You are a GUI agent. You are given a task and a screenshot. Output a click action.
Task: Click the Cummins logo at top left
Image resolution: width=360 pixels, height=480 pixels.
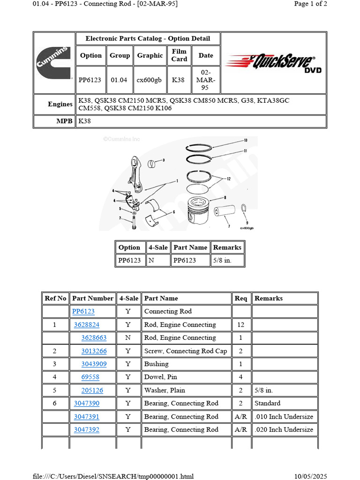click(54, 63)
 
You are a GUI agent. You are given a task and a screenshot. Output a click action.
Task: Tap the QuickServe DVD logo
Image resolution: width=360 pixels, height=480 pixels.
click(273, 62)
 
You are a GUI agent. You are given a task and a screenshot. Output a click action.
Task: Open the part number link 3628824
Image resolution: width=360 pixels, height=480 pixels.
click(86, 324)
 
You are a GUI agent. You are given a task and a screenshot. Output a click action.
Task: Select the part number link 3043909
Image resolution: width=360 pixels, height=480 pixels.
click(94, 364)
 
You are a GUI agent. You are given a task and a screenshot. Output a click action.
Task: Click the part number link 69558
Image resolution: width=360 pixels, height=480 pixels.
click(90, 377)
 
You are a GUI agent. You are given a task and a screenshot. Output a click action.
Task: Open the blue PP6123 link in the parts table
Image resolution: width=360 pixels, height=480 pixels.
click(83, 311)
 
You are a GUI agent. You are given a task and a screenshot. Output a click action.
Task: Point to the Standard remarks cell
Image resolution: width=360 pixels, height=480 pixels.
click(267, 403)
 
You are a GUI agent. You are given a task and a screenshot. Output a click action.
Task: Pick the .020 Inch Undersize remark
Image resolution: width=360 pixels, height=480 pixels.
click(284, 429)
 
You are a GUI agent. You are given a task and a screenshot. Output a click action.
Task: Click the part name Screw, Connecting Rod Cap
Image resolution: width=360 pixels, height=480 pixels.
click(185, 351)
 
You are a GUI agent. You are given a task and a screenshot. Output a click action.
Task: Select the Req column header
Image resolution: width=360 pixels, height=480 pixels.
click(240, 298)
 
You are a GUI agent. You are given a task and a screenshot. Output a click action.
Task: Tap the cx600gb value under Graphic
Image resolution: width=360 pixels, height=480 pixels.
click(149, 80)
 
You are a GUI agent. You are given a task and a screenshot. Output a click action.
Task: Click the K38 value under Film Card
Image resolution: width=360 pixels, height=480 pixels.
click(178, 80)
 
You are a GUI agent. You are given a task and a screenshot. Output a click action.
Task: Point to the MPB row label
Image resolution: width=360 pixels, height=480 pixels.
click(65, 121)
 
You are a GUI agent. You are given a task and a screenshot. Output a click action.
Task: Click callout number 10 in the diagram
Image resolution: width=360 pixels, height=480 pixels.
click(245, 141)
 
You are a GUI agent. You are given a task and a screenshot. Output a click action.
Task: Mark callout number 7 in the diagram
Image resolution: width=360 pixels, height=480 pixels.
click(228, 226)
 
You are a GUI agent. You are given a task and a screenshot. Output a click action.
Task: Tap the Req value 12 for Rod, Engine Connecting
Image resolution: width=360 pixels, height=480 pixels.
click(240, 324)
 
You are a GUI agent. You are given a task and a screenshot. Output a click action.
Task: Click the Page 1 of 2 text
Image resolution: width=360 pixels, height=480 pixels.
click(310, 4)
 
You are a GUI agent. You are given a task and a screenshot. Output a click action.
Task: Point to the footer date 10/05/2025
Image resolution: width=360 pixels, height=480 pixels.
click(310, 476)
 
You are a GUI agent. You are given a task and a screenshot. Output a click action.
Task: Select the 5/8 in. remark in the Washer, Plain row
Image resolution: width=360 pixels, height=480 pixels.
click(263, 390)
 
